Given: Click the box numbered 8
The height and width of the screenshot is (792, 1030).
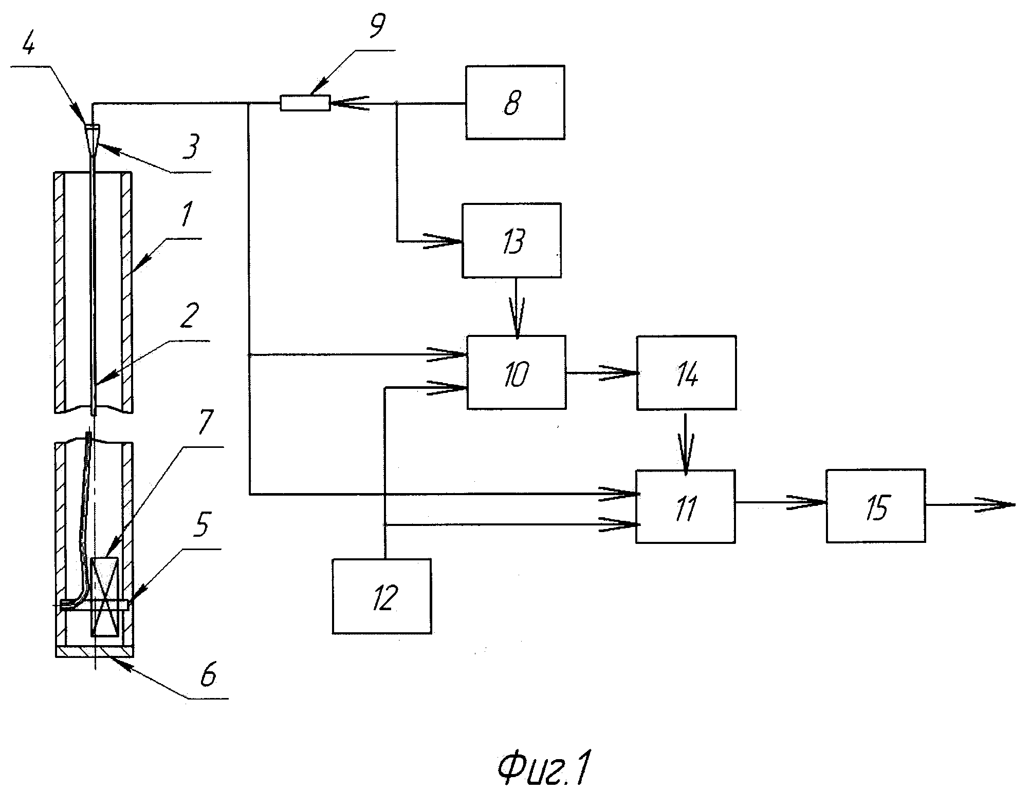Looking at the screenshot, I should (515, 102).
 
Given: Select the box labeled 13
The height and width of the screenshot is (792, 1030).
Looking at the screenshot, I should (511, 240).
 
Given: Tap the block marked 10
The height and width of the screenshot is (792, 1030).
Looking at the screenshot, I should (517, 372).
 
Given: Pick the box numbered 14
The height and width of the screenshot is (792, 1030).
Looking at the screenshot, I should (686, 373).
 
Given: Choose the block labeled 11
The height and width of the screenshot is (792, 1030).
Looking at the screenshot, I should (685, 506).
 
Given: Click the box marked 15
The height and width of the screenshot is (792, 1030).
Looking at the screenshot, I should (876, 506).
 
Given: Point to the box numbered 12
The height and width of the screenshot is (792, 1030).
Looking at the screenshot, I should (382, 596).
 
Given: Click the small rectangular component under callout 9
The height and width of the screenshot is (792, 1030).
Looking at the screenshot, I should (305, 103).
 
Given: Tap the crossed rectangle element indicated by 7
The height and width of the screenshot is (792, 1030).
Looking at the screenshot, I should (105, 597).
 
